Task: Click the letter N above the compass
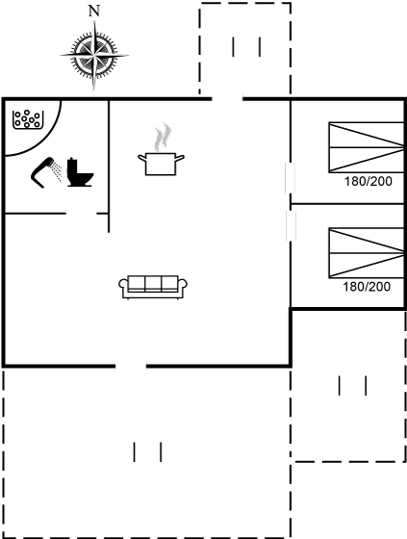[x=94, y=11]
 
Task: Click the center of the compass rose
[x=94, y=55]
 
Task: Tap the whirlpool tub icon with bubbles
[x=28, y=119]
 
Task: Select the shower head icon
[x=46, y=172]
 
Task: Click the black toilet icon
[x=80, y=172]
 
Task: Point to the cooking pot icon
[x=161, y=164]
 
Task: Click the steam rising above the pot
[x=163, y=137]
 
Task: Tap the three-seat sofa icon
[x=153, y=287]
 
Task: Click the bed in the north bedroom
[x=366, y=147]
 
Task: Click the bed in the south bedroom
[x=366, y=252]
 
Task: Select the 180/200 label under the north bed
[x=369, y=181]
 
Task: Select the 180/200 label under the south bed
[x=367, y=287]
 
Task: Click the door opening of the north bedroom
[x=291, y=178]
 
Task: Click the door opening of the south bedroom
[x=291, y=225]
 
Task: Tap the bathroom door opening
[x=81, y=214]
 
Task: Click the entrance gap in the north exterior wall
[x=227, y=99]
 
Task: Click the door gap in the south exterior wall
[x=131, y=366]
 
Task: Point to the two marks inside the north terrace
[x=246, y=47]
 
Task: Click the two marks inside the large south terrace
[x=147, y=452]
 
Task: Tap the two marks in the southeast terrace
[x=352, y=386]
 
